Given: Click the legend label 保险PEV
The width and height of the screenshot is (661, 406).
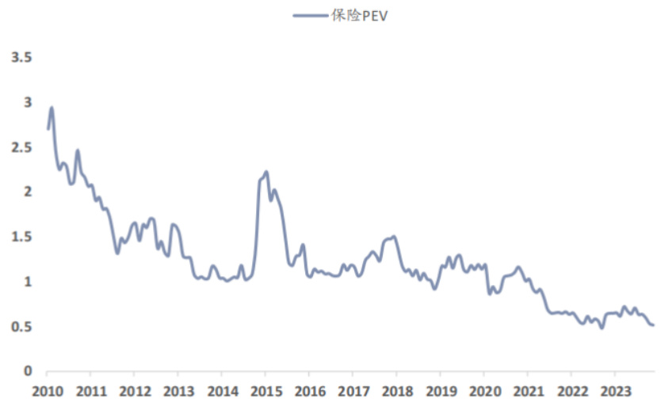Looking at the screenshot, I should pos(361,14).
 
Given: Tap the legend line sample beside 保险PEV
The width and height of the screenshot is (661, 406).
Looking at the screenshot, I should pos(310,14).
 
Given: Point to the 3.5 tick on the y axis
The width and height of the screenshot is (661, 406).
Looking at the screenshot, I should pos(21,58).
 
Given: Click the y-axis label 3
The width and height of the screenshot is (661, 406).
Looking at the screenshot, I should pos(28,103).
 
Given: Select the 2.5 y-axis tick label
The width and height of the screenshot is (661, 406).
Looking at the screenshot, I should pos(21,147).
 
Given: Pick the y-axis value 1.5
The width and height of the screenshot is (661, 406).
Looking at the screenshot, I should pos(21,237).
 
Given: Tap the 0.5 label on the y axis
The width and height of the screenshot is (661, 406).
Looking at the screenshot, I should pos(21,326).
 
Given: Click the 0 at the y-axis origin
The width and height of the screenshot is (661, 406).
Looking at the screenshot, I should pos(28,371).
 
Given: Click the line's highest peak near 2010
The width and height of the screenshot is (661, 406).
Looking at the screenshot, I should pos(52,108).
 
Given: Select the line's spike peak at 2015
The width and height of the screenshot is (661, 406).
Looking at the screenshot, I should pos(266,171).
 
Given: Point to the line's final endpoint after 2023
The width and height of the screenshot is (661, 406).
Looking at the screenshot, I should pos(653,324).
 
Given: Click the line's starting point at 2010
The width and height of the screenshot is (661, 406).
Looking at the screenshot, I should pos(48,129).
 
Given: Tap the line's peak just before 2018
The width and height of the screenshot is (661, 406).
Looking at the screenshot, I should pos(394,236).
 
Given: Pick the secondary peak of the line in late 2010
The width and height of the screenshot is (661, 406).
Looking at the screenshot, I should pos(78,150).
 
